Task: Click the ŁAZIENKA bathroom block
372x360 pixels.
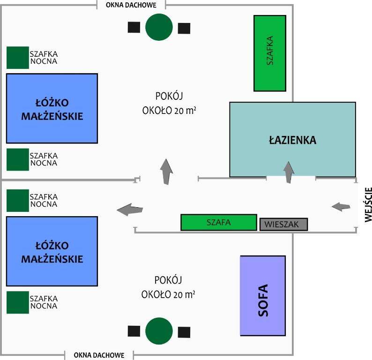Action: tap(292, 140)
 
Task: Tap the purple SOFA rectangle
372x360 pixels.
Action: tap(262, 295)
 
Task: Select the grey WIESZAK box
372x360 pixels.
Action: tap(284, 224)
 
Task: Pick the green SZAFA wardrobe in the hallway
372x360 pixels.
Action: tap(219, 223)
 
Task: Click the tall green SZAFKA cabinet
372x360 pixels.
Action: tap(270, 53)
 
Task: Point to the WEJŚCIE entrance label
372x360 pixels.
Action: tap(367, 204)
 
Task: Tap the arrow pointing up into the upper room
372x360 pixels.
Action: tap(166, 171)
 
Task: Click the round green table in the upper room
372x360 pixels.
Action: tap(159, 27)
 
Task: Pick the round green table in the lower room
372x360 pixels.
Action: tap(159, 331)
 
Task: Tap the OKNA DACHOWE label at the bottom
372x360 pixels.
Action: tap(99, 355)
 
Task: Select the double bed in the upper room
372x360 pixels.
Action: tap(52, 108)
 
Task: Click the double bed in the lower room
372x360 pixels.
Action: tap(52, 251)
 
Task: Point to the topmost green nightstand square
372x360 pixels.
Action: tap(17, 57)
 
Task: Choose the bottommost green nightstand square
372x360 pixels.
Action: tap(17, 302)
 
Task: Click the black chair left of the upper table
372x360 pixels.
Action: tap(134, 27)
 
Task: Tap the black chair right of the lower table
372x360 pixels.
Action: tap(184, 332)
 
